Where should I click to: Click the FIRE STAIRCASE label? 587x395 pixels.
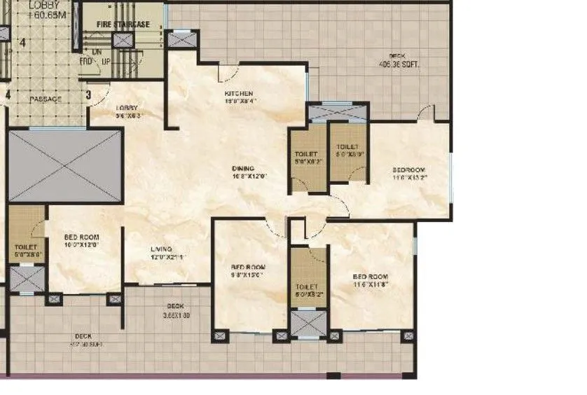pos(123,25)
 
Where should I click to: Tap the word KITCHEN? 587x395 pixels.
pos(238,93)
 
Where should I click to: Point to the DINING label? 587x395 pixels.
pos(244,169)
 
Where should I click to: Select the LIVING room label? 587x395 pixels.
pos(162,249)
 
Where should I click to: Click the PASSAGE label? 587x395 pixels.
pos(46,99)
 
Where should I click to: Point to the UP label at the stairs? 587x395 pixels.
pos(106,62)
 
